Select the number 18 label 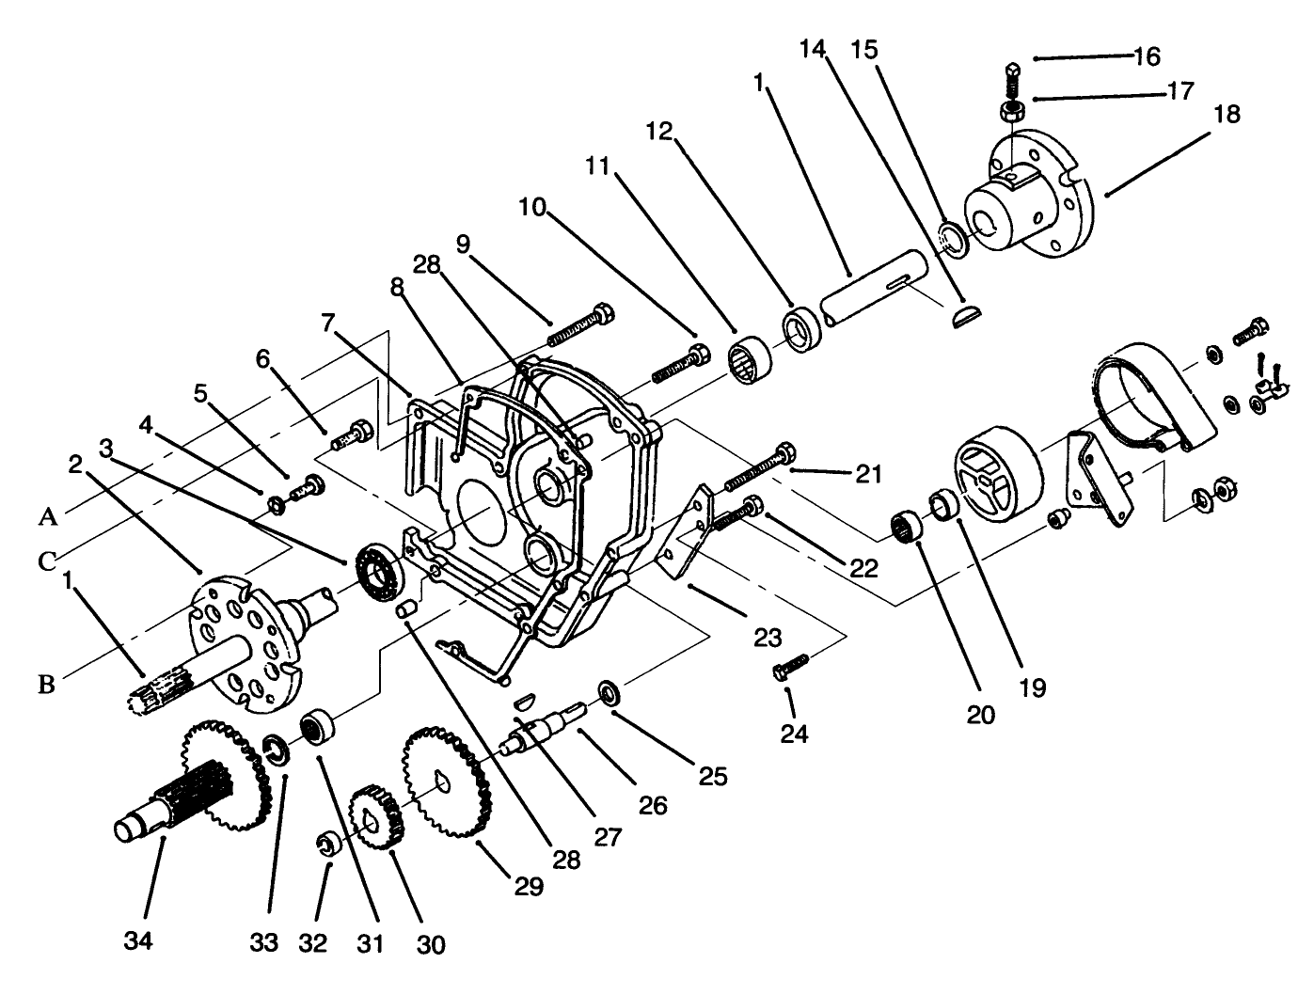point(1227,115)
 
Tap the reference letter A point(49,516)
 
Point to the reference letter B point(46,684)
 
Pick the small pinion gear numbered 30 point(376,817)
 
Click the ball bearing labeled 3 point(380,572)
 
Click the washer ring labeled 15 point(953,237)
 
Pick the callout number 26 point(653,805)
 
